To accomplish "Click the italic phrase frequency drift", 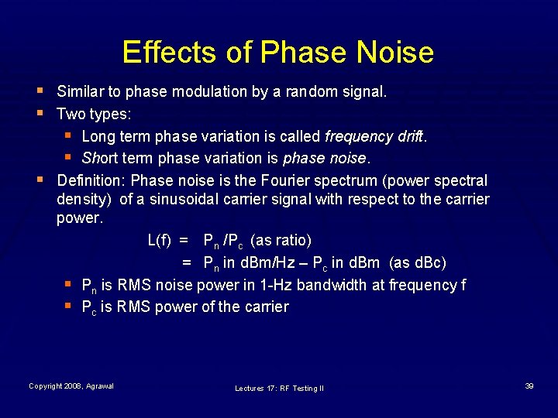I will point(375,136).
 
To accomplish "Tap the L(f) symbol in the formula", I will point(159,240).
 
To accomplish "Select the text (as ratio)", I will point(283,240).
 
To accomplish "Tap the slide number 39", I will point(529,385).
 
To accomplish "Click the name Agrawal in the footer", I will point(99,385).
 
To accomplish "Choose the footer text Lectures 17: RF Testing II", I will point(279,388).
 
